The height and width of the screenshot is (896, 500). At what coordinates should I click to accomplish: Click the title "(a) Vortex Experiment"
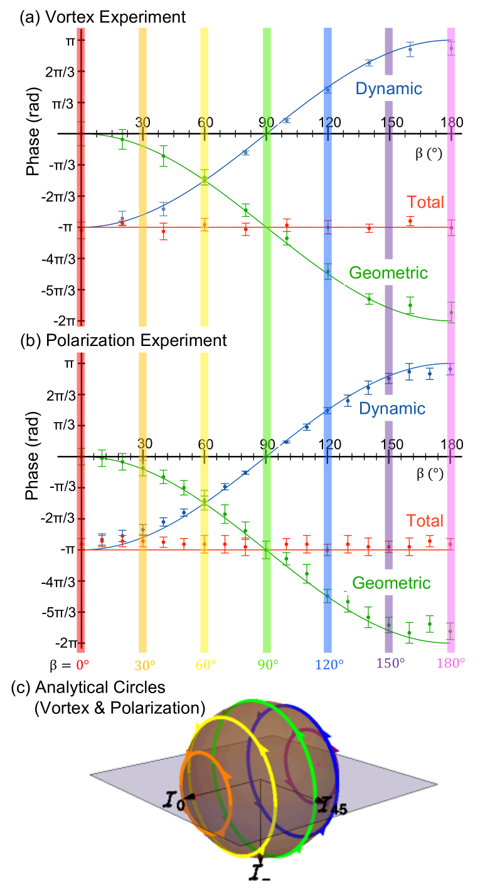tap(103, 17)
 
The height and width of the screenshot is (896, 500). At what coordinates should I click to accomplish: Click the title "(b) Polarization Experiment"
tap(123, 340)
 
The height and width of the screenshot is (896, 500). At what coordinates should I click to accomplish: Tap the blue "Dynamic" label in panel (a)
tap(388, 89)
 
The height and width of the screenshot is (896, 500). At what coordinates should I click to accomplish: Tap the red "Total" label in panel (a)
tap(425, 202)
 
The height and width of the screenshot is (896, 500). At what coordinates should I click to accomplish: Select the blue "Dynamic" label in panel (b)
tap(392, 409)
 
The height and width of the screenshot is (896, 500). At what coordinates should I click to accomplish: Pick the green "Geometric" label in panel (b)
tap(391, 583)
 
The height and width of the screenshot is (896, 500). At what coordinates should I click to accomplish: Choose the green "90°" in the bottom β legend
tap(267, 664)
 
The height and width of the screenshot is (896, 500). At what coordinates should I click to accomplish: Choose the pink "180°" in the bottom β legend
tap(451, 664)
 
